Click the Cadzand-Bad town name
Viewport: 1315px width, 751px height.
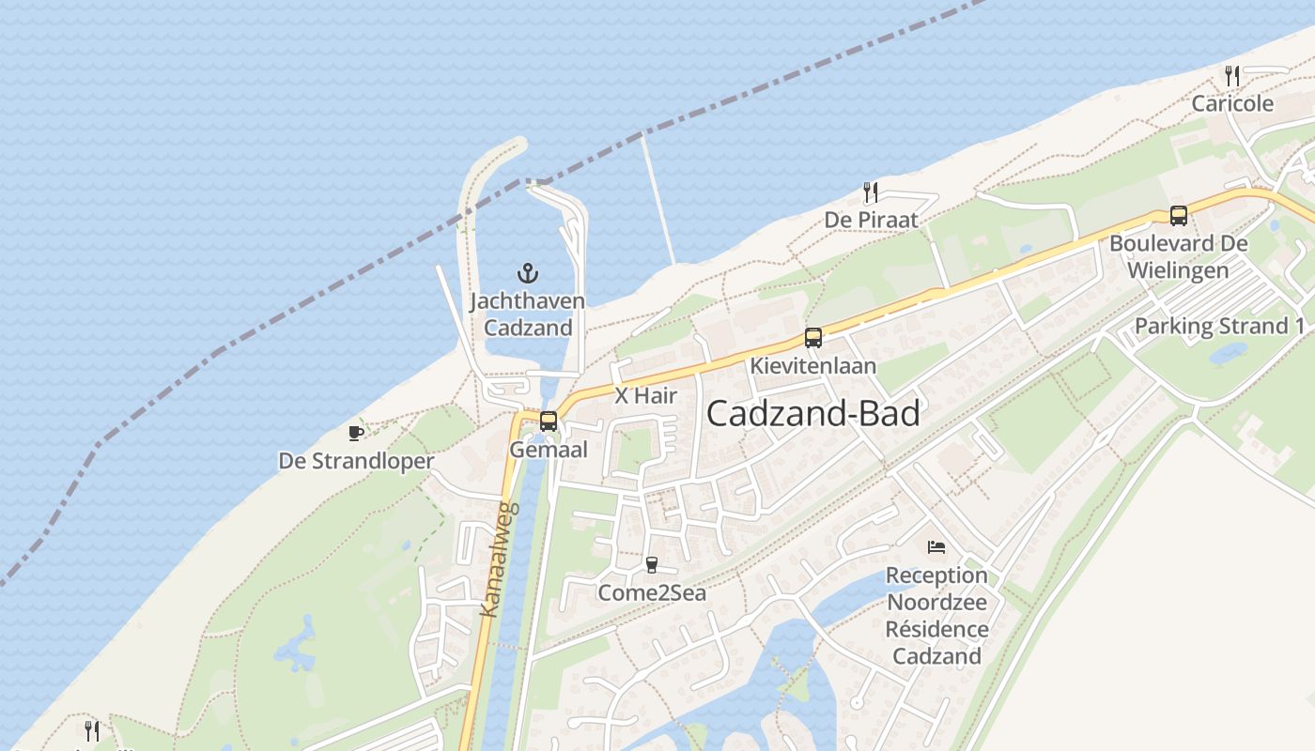click(812, 414)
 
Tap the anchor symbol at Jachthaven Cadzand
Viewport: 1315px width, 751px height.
click(528, 273)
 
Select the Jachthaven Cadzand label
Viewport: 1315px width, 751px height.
click(527, 314)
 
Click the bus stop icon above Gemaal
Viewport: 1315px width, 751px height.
click(549, 421)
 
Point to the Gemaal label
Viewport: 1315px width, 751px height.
click(549, 450)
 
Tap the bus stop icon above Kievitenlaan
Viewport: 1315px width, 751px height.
click(813, 338)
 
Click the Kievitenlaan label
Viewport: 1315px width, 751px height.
click(813, 366)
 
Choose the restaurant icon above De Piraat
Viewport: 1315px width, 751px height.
click(871, 192)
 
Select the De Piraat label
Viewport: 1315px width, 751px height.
click(871, 221)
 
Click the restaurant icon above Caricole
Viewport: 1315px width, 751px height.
click(1232, 76)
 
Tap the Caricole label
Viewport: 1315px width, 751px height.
click(1232, 103)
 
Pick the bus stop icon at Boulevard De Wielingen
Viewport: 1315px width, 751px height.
click(1179, 216)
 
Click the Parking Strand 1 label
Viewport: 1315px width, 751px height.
click(1220, 327)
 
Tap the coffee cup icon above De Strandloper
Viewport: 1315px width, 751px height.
click(355, 433)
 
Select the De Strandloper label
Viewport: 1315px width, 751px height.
click(356, 461)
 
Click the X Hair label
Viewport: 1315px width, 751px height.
click(645, 395)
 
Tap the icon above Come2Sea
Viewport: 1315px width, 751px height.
click(652, 564)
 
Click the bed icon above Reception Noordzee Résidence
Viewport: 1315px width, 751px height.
click(936, 546)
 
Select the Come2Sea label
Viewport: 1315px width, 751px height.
click(652, 593)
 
